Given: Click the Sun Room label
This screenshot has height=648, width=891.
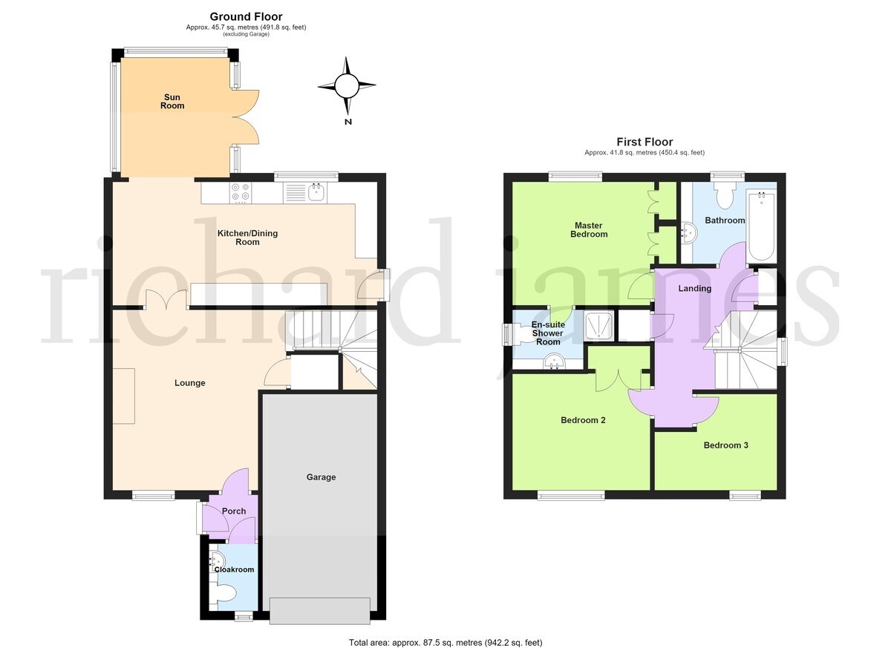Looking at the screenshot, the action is tap(172, 102).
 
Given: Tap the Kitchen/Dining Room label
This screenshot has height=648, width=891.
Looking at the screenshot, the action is tap(247, 238).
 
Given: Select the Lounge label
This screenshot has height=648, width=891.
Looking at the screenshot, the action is tap(190, 383).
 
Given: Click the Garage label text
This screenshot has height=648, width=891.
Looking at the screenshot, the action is tap(321, 477).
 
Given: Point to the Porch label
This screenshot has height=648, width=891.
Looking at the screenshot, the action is tap(234, 511).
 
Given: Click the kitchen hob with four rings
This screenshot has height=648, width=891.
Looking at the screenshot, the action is tap(241, 192).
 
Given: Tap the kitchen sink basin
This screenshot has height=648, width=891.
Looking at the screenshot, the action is tap(317, 192).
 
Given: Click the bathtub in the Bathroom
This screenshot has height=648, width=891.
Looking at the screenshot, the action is tap(761, 226).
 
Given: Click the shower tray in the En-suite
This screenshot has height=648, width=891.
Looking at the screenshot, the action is tap(599, 326).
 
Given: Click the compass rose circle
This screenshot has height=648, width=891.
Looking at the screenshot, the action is tap(347, 85).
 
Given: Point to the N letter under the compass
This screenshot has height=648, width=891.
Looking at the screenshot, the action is tap(348, 122).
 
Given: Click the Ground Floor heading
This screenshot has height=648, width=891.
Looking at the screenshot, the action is tap(247, 16).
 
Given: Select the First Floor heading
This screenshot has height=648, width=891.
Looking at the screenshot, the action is tap(644, 142).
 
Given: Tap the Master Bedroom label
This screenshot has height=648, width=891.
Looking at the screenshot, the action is tap(589, 230).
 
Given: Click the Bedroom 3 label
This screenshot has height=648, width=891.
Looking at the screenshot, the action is tap(726, 445).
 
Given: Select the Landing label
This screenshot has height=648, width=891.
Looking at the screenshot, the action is tap(694, 288).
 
